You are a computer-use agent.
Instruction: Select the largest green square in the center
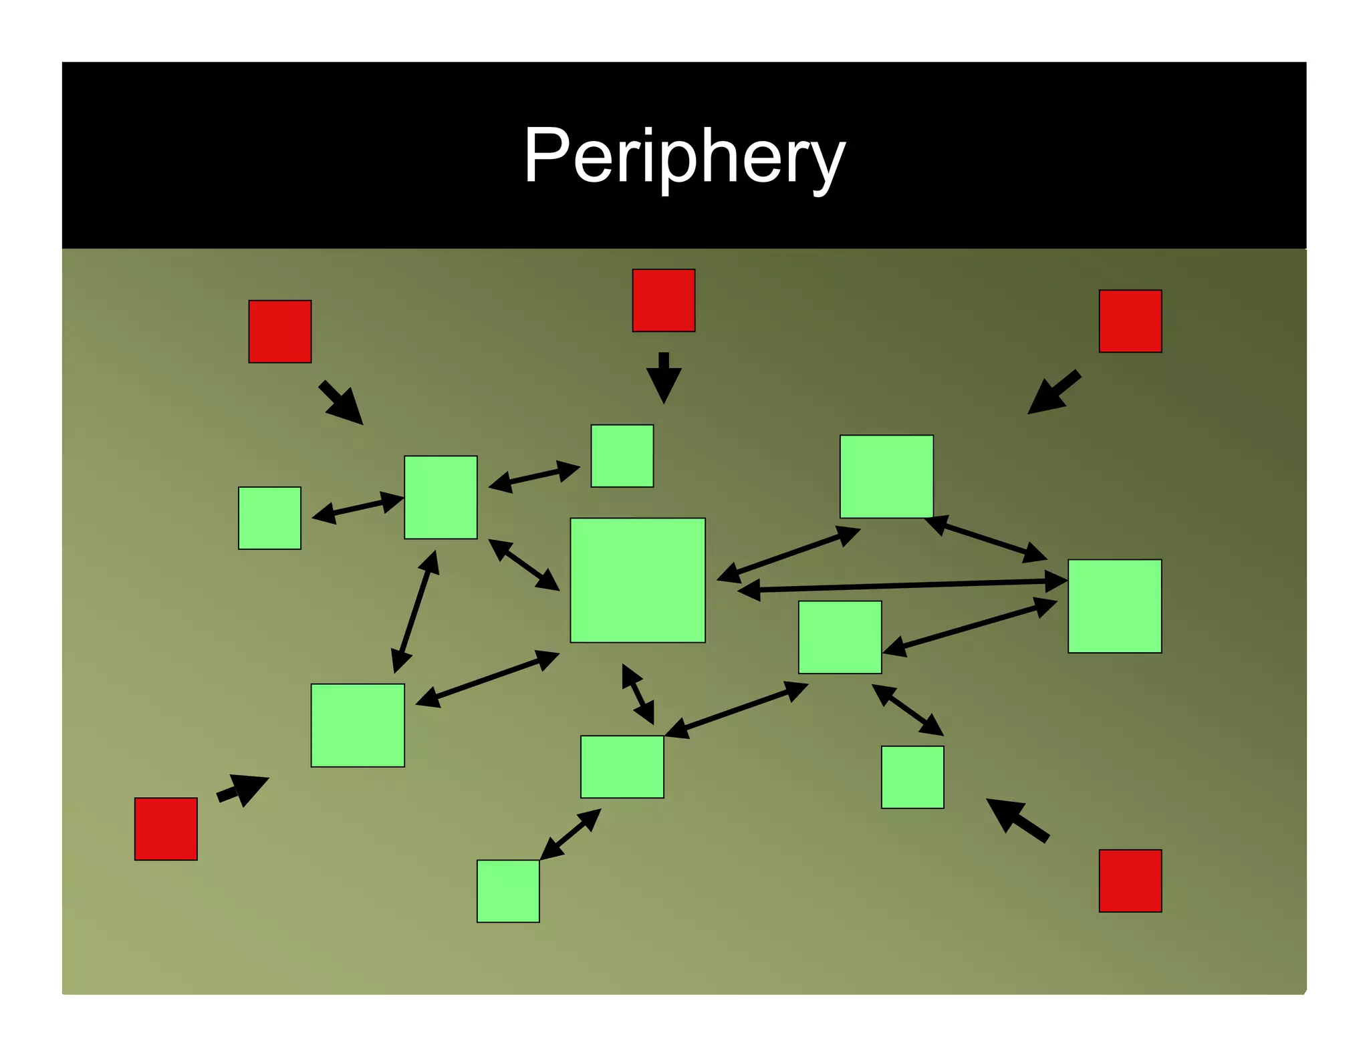point(637,580)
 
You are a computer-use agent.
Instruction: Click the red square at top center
point(663,301)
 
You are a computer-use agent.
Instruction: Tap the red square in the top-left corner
point(279,331)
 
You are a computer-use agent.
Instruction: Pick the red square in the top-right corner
point(1130,321)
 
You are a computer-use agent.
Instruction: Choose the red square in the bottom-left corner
point(166,828)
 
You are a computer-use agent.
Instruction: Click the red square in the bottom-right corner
point(1130,881)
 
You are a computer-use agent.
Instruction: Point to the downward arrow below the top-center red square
point(663,378)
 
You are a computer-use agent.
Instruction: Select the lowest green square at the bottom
point(508,891)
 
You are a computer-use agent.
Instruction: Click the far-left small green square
point(269,518)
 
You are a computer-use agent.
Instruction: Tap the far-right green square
point(1114,606)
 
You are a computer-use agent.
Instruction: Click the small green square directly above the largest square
point(622,456)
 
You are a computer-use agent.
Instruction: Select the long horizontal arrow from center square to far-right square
point(902,586)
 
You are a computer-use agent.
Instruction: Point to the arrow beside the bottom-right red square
point(1016,819)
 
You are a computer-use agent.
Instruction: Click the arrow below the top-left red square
point(342,404)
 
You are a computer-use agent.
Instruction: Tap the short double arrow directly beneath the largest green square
point(638,694)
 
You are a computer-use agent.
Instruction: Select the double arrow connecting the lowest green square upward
point(570,835)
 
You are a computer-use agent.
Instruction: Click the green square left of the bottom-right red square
point(912,777)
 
